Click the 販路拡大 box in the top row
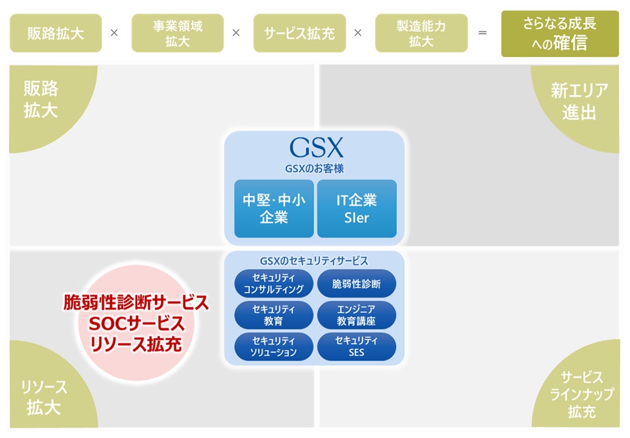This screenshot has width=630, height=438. [x=55, y=33]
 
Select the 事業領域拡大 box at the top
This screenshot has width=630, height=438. [x=177, y=33]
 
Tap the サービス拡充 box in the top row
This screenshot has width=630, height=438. [x=299, y=33]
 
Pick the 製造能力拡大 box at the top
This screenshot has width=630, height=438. [x=421, y=33]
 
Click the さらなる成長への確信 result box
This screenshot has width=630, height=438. [x=559, y=33]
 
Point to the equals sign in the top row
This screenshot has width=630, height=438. [x=483, y=33]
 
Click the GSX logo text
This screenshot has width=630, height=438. [x=316, y=148]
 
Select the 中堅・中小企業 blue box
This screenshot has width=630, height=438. [x=274, y=208]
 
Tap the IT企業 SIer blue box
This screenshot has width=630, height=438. [x=356, y=208]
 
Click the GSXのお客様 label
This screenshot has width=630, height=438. [x=315, y=169]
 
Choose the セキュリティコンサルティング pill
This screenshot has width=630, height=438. [x=274, y=283]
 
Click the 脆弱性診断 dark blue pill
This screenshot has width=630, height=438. [x=356, y=283]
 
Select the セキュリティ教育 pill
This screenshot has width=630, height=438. [x=274, y=315]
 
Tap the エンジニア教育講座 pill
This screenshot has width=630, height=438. [x=356, y=315]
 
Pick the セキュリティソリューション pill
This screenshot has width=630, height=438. [x=274, y=346]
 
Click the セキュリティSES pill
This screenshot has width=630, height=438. [x=356, y=346]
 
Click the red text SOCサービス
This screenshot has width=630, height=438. [x=136, y=322]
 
